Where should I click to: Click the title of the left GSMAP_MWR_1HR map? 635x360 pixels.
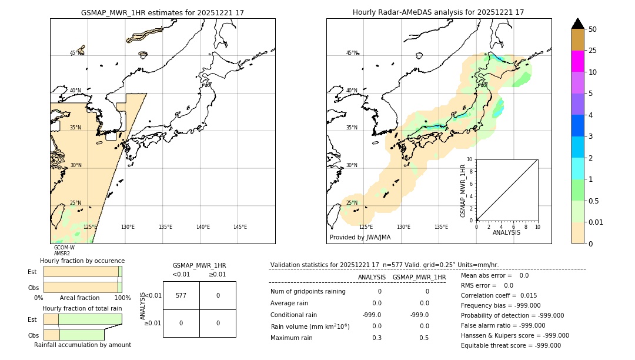click(x=162, y=12)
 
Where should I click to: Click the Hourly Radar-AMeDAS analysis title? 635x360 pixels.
click(x=438, y=12)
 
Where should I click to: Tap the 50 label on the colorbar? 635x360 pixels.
click(x=593, y=29)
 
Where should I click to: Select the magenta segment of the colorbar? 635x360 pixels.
click(x=577, y=61)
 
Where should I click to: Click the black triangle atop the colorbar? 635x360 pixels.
click(x=577, y=24)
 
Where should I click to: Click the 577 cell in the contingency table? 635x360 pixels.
click(x=181, y=295)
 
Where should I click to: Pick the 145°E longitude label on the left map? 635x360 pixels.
click(x=240, y=227)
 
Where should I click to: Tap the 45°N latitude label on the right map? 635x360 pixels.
click(x=352, y=53)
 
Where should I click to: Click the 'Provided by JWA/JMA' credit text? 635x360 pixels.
click(x=360, y=238)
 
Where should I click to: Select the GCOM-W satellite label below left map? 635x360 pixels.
click(x=64, y=248)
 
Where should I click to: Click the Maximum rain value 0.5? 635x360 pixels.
click(x=424, y=338)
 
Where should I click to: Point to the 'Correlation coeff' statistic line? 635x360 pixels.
click(x=499, y=295)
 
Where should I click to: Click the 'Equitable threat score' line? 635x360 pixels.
click(x=510, y=345)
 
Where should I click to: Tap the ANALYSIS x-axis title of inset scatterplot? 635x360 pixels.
click(x=506, y=232)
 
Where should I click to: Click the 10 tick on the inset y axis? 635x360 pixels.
click(x=470, y=159)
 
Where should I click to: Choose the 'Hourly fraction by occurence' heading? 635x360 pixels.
click(x=82, y=261)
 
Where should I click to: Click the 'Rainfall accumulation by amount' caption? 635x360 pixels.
click(x=82, y=345)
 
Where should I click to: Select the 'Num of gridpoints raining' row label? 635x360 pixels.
click(x=308, y=291)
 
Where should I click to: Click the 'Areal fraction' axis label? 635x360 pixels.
click(x=79, y=298)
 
